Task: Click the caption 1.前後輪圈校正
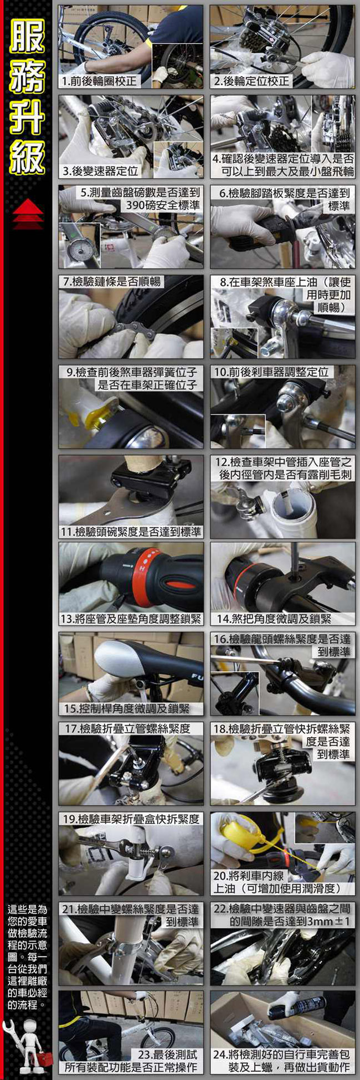[99, 81]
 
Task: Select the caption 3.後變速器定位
[100, 171]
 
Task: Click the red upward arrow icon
[28, 214]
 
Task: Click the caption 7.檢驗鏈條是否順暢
[111, 282]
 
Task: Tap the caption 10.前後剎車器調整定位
[272, 372]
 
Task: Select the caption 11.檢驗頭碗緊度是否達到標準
[131, 532]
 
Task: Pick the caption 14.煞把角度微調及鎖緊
[274, 619]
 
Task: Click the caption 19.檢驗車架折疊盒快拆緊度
[131, 819]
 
